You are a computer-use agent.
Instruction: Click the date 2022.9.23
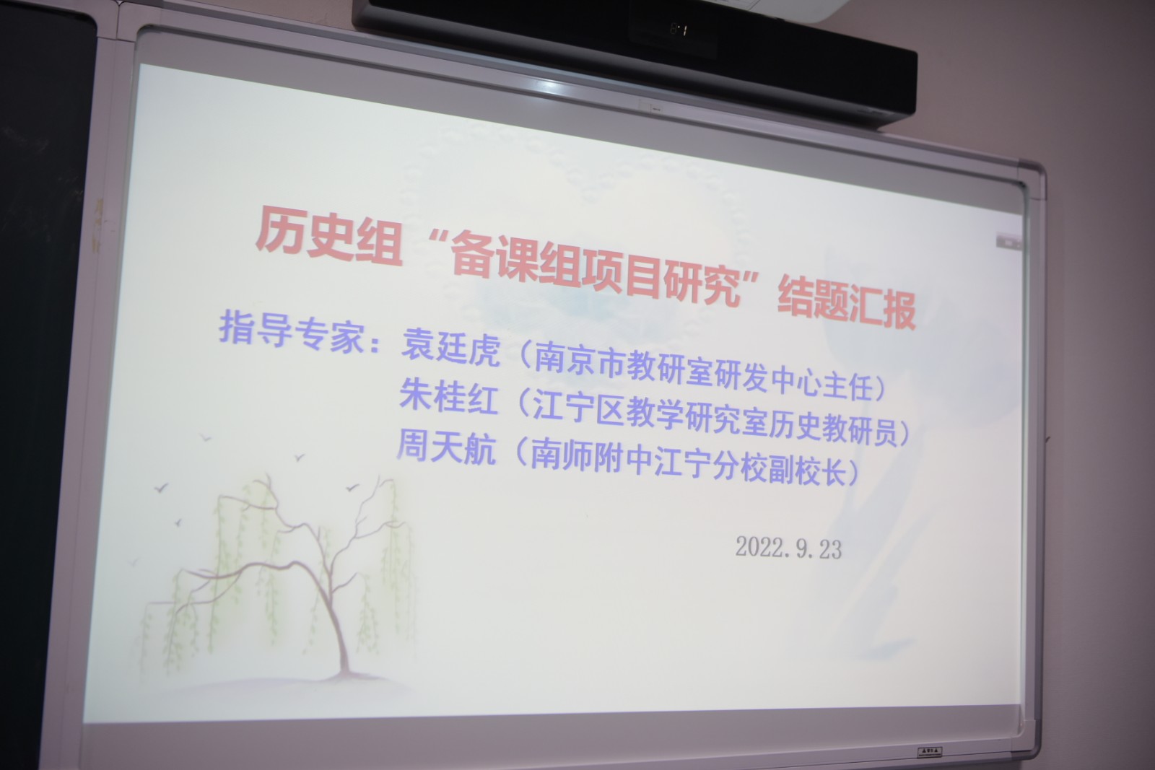tap(788, 547)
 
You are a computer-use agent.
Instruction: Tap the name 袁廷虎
tap(450, 347)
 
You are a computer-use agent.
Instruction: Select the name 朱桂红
tap(448, 395)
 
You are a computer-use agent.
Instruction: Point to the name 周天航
tap(447, 447)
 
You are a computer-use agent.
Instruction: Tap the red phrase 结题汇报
tap(846, 304)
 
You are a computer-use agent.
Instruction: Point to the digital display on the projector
tap(679, 30)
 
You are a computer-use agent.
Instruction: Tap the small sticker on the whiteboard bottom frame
tap(930, 752)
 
